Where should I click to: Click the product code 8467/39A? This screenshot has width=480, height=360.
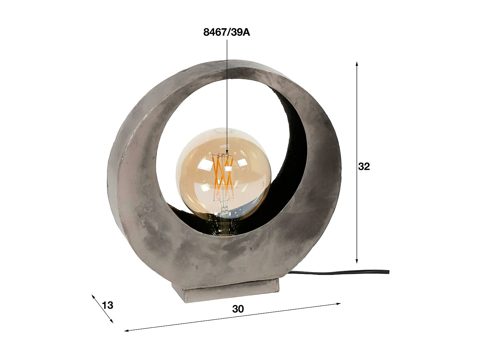pos(226,32)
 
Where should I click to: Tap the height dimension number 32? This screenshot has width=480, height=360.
pos(364,166)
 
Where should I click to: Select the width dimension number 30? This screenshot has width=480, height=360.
pos(238,309)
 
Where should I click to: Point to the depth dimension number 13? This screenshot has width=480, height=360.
pos(108,305)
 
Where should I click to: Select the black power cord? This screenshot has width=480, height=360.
pos(336,273)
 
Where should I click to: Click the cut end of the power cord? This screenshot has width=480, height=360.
pos(388,272)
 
